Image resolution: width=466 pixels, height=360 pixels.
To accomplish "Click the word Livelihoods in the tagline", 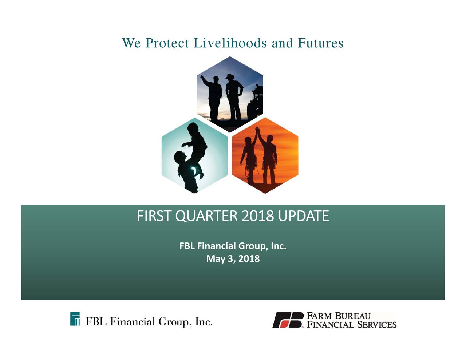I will point(230,43).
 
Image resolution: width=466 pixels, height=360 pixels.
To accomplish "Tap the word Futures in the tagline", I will point(320,43).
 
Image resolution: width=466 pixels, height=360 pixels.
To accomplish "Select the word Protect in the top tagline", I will point(167,43).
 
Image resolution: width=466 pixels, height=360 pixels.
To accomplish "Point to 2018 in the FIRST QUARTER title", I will point(258,216).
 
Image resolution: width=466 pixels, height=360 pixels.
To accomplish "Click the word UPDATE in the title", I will point(303,216).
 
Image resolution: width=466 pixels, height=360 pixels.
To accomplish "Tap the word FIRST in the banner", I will point(154,216).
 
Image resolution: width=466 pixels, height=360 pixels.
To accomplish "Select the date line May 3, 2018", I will point(233,259).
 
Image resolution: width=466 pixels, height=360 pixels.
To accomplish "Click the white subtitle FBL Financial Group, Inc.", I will point(233,246).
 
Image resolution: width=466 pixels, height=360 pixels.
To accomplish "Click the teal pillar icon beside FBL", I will point(75,319).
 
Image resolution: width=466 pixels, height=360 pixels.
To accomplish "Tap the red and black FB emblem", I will point(288,320).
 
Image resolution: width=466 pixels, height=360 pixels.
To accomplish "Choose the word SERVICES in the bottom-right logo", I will point(376,324).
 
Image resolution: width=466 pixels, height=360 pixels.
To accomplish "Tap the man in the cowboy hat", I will point(233,96).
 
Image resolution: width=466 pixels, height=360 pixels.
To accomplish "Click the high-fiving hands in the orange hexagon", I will point(258,131).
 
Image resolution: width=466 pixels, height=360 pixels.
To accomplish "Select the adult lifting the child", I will point(186,171).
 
